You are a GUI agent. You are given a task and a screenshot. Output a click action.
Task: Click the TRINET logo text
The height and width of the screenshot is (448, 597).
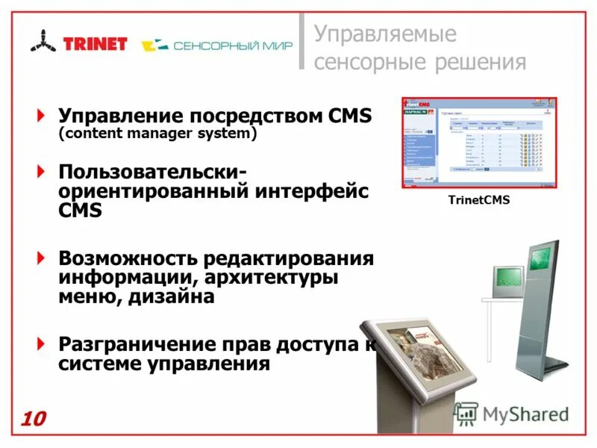96,43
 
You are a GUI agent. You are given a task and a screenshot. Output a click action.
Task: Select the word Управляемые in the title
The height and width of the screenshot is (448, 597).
384,34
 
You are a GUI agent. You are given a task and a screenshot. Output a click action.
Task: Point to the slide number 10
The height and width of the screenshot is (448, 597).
33,419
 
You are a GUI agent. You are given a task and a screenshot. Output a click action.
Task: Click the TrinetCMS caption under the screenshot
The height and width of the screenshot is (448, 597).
478,199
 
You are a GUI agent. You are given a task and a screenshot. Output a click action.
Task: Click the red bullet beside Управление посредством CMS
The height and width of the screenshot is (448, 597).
41,116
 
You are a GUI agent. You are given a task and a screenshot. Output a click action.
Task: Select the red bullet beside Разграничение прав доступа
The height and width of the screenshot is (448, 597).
41,345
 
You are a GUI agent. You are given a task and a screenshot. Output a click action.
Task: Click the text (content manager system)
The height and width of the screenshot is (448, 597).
157,134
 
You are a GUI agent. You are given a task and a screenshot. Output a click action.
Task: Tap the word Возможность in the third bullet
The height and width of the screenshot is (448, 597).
126,258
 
